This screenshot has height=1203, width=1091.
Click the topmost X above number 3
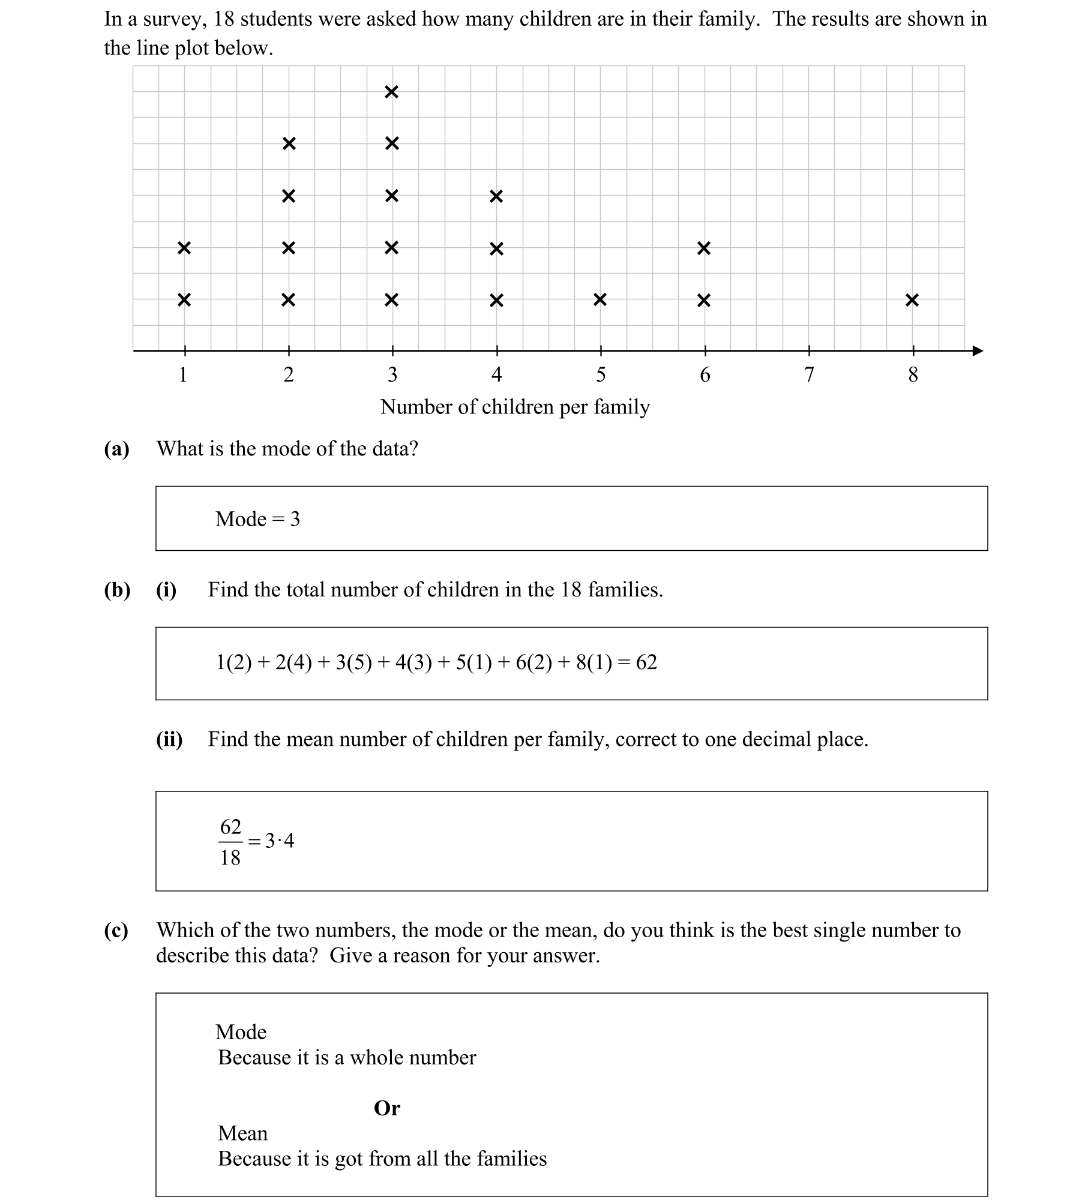pyautogui.click(x=391, y=92)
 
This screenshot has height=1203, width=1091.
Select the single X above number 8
pyautogui.click(x=912, y=300)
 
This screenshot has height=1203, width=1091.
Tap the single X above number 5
pyautogui.click(x=600, y=299)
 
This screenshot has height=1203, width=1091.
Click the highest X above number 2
pyautogui.click(x=289, y=144)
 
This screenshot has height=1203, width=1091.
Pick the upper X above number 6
pyautogui.click(x=704, y=248)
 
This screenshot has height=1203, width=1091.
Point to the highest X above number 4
pyautogui.click(x=496, y=196)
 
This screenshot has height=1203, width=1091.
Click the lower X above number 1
pyautogui.click(x=184, y=299)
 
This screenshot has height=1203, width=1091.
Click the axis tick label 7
pyautogui.click(x=808, y=375)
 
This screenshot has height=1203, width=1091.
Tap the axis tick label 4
pyautogui.click(x=496, y=375)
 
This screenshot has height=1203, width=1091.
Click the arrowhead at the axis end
pyautogui.click(x=978, y=351)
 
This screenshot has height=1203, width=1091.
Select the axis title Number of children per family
pyautogui.click(x=515, y=407)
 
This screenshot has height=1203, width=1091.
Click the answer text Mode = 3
pyautogui.click(x=257, y=519)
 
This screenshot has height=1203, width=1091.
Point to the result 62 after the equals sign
pyautogui.click(x=646, y=662)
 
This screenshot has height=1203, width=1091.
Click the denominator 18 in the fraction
pyautogui.click(x=230, y=858)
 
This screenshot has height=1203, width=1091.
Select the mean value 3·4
pyautogui.click(x=280, y=841)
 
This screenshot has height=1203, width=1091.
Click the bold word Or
pyautogui.click(x=386, y=1108)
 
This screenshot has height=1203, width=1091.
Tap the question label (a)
pyautogui.click(x=116, y=449)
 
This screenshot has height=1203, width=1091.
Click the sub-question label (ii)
pyautogui.click(x=169, y=740)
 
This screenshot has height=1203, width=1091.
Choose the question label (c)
pyautogui.click(x=116, y=931)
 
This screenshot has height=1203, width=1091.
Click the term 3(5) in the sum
pyautogui.click(x=353, y=662)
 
